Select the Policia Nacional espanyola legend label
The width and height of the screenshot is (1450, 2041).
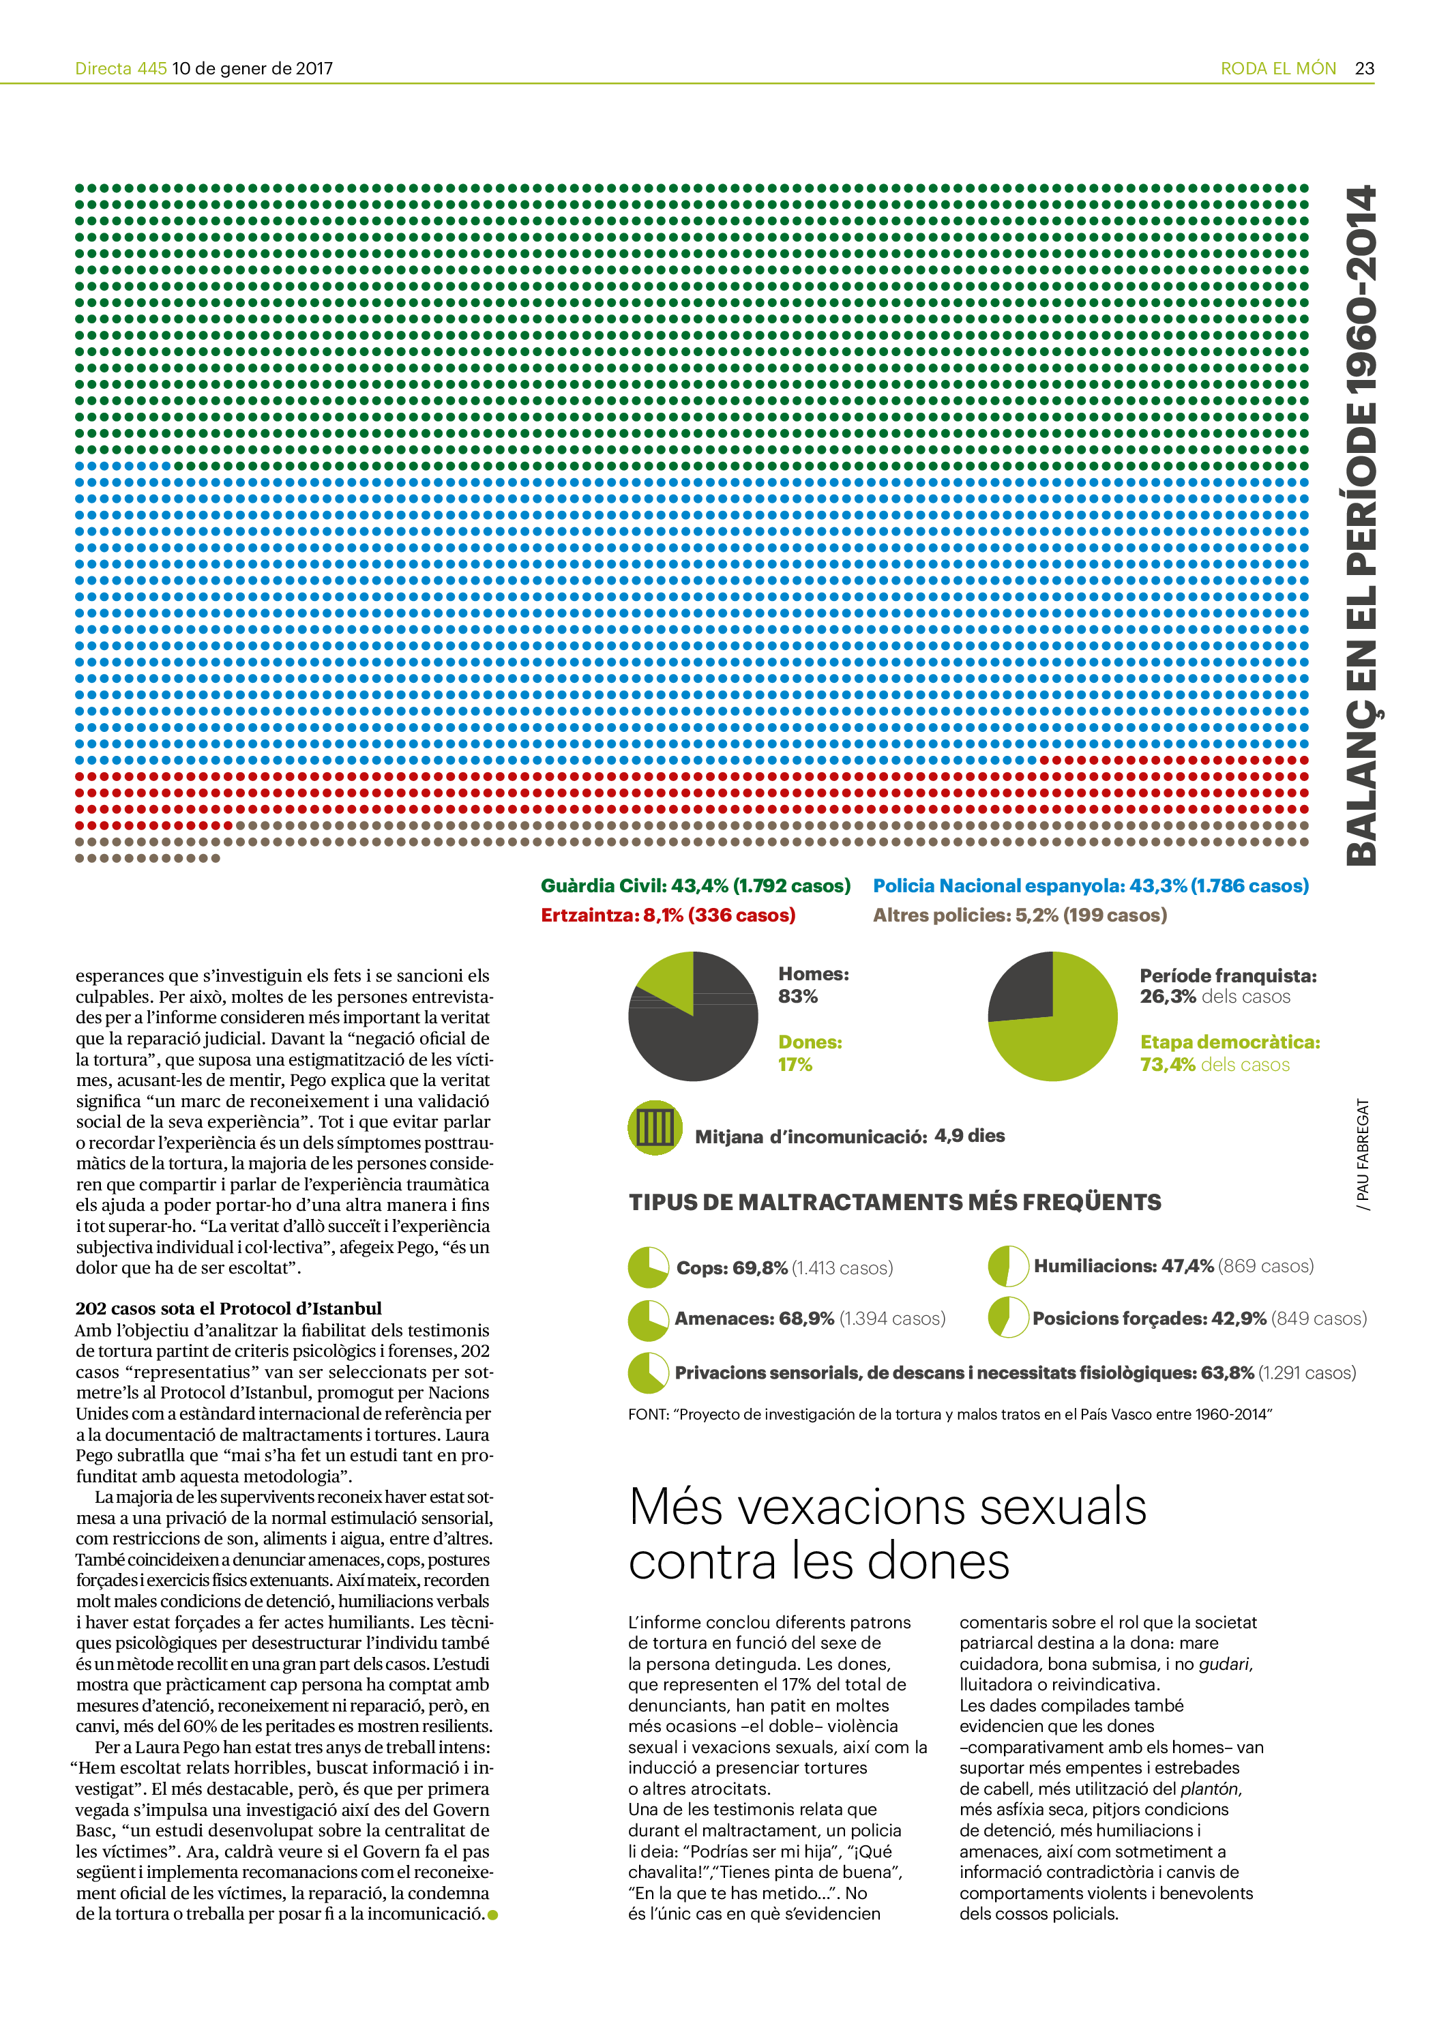pyautogui.click(x=1090, y=885)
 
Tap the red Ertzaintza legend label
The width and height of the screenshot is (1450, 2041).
pyautogui.click(x=668, y=915)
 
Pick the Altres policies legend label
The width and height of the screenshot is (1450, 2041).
pyautogui.click(x=1020, y=915)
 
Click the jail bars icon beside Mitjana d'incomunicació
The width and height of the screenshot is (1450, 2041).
pyautogui.click(x=655, y=1128)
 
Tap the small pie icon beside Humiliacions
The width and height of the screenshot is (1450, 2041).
pyautogui.click(x=1008, y=1266)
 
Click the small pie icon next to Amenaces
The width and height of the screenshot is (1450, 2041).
pyautogui.click(x=648, y=1319)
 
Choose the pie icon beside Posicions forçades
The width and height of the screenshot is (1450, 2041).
pyautogui.click(x=1008, y=1318)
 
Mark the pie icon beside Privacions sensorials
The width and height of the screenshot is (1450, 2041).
pyautogui.click(x=648, y=1373)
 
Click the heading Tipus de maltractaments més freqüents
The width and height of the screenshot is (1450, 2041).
pyautogui.click(x=895, y=1203)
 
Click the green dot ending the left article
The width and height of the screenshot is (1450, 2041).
pyautogui.click(x=493, y=1914)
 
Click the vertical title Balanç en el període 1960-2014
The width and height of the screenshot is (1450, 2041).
pyautogui.click(x=1361, y=525)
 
